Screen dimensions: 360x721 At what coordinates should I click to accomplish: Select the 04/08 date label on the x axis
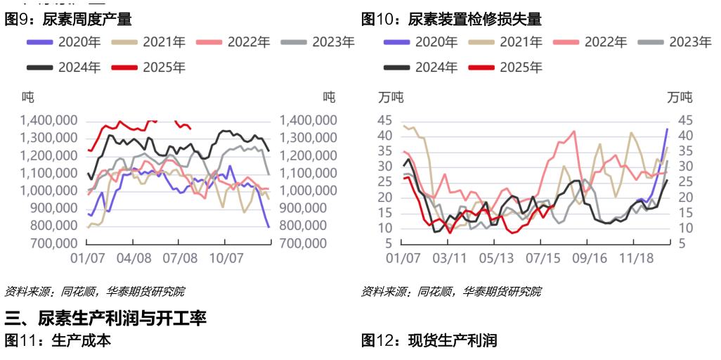(134, 259)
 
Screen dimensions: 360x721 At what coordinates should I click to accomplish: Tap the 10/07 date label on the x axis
(227, 259)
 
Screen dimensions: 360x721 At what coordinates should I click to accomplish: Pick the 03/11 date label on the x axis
(450, 259)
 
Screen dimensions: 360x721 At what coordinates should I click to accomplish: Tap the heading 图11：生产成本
(58, 341)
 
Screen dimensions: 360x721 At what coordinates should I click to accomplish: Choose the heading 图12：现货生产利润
(429, 341)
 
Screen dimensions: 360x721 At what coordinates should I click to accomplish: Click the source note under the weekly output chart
(94, 290)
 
